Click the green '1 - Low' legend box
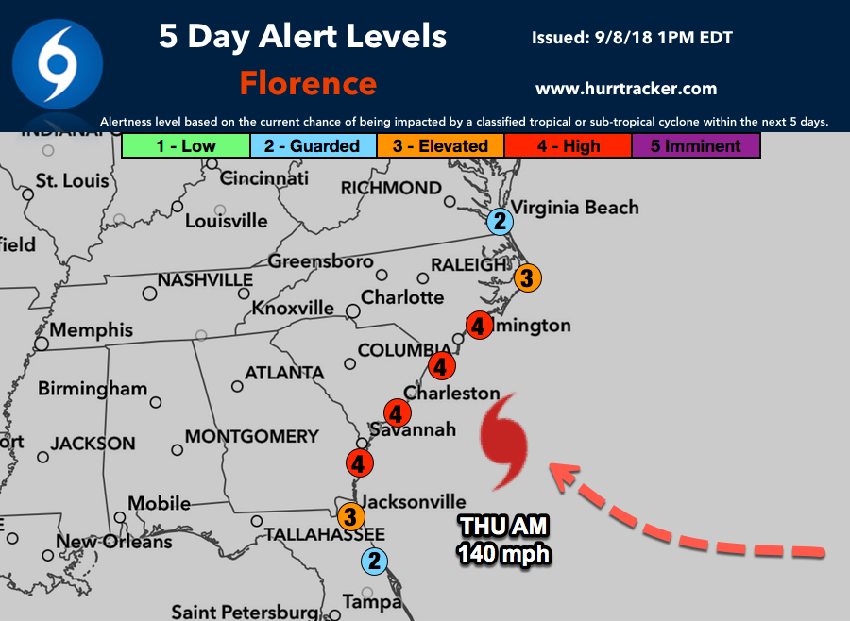pos(185,145)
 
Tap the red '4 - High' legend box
pos(567,145)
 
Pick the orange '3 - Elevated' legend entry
pos(440,145)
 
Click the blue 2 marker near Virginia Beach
pos(500,222)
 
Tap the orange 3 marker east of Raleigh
pos(528,278)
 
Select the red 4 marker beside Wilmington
pos(478,327)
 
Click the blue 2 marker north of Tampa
pos(375,561)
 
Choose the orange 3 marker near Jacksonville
pos(350,516)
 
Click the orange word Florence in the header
pos(308,83)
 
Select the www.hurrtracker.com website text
pos(626,89)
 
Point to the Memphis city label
pos(92,331)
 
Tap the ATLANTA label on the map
pos(284,373)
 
